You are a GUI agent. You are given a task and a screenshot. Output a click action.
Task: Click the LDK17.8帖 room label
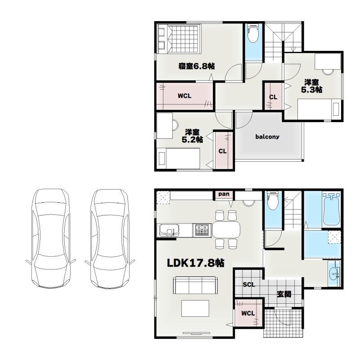click(195, 263)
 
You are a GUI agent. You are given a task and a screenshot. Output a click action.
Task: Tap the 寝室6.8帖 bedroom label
click(197, 66)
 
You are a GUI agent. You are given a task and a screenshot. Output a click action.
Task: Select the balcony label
click(267, 137)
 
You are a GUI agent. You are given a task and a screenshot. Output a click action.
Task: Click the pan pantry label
click(224, 194)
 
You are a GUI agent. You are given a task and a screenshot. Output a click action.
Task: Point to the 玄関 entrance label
click(284, 294)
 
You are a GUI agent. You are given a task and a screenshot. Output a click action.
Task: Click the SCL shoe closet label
click(249, 285)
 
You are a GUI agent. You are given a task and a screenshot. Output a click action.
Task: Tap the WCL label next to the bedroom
click(184, 96)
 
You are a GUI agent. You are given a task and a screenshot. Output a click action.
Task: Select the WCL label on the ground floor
click(248, 313)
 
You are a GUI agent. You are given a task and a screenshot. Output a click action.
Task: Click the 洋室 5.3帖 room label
click(311, 86)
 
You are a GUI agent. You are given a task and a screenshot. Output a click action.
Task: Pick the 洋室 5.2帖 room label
click(192, 136)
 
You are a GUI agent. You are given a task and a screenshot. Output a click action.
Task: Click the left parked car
click(50, 238)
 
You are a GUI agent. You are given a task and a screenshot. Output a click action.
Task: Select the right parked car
click(110, 239)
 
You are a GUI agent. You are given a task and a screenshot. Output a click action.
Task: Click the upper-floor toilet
click(253, 34)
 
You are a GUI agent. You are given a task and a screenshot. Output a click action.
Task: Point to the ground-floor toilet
click(273, 201)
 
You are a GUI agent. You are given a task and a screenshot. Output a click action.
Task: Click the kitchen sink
click(169, 230)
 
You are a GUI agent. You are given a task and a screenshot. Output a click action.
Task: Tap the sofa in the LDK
click(195, 285)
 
